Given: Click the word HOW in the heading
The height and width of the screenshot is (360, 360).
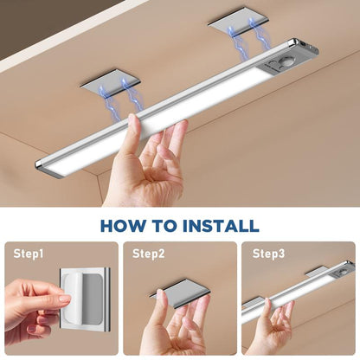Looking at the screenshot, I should coord(120,226).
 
